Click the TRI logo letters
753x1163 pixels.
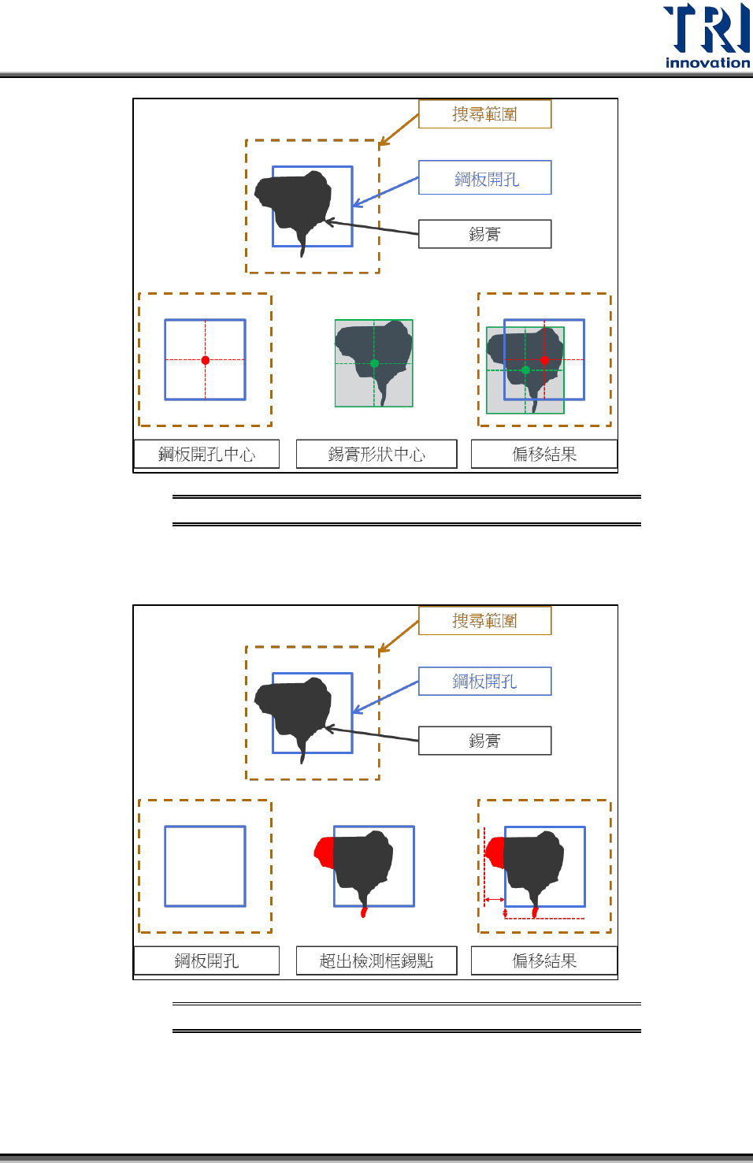point(707,28)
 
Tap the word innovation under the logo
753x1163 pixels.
point(707,63)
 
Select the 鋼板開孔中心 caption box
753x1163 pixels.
point(206,454)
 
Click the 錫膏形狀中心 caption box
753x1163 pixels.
point(376,454)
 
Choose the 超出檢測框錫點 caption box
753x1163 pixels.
point(376,960)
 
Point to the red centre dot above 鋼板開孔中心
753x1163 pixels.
point(206,360)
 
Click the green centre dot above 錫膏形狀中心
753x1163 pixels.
point(374,363)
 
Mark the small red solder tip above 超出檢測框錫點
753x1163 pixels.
point(364,912)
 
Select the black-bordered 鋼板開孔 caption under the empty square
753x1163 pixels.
point(206,960)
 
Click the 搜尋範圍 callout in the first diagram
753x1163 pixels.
point(484,114)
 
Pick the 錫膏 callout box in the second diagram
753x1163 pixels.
point(484,741)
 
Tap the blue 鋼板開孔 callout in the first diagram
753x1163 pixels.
point(484,178)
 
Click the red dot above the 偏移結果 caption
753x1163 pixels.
point(544,360)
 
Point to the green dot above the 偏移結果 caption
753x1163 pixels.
point(525,370)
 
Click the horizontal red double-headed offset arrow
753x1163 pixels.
point(494,899)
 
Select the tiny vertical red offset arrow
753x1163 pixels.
point(505,913)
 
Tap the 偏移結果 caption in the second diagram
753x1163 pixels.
point(544,960)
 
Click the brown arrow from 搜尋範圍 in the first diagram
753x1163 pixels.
point(399,131)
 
